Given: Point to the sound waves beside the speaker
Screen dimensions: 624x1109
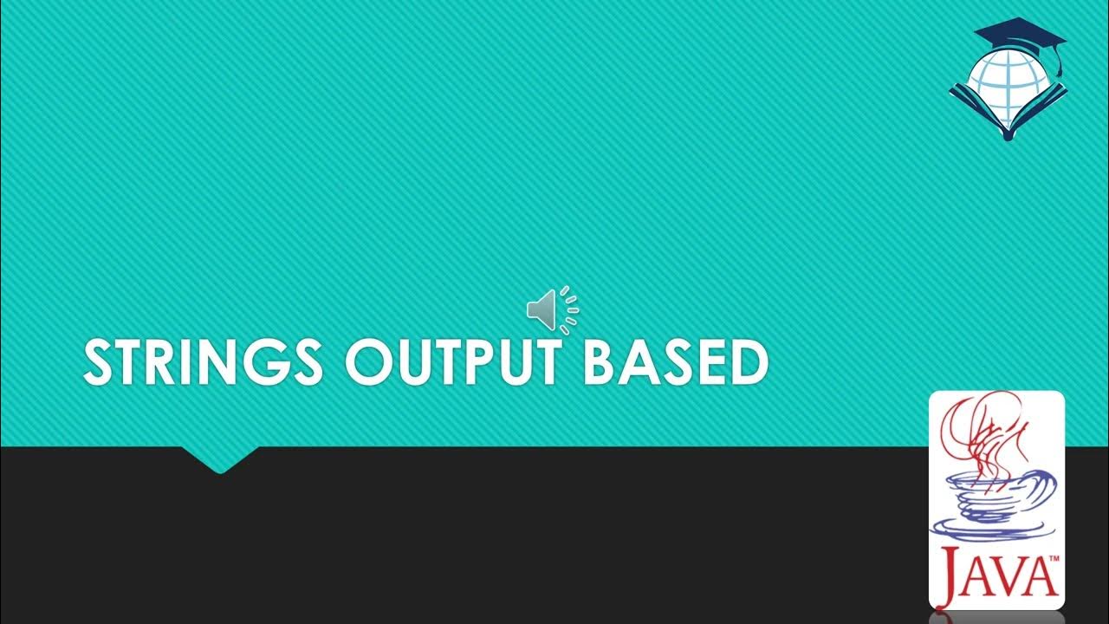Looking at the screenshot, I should click(569, 309).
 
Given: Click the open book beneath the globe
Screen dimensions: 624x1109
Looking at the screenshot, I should click(1007, 113).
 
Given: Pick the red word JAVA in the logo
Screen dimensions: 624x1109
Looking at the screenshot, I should click(996, 575).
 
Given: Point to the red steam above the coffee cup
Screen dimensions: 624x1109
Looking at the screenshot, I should click(983, 433).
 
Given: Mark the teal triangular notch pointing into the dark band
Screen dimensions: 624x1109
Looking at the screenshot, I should click(220, 459).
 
